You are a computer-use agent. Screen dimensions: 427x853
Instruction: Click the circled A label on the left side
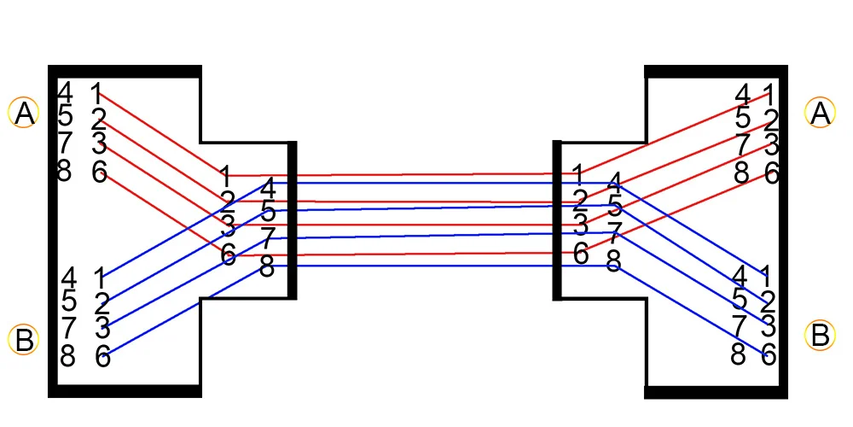(x=24, y=112)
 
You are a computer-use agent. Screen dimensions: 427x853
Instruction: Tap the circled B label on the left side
(x=24, y=340)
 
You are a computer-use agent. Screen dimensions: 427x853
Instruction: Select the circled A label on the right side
(x=821, y=112)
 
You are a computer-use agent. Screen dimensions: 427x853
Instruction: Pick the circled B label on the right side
(x=821, y=335)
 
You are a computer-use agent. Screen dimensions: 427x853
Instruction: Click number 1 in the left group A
(x=96, y=92)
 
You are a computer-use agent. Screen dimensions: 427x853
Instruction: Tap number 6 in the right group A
(x=771, y=173)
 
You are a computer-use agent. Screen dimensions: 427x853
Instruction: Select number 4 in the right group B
(x=740, y=276)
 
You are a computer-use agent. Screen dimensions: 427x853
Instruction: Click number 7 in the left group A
(x=66, y=143)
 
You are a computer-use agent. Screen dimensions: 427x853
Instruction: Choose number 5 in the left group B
(x=69, y=301)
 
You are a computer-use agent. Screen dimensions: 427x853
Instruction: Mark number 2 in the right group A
(x=770, y=120)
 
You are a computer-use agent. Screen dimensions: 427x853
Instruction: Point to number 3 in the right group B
(x=769, y=325)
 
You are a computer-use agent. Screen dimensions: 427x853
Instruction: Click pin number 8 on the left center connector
(x=267, y=267)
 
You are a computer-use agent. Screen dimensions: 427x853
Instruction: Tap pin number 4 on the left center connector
(x=268, y=188)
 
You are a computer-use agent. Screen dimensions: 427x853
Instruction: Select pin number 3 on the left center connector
(x=228, y=225)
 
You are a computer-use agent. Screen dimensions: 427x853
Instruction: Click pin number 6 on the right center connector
(x=581, y=254)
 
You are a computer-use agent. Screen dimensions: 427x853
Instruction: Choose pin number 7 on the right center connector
(x=613, y=231)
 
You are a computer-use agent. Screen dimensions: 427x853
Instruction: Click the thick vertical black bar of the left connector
(x=292, y=220)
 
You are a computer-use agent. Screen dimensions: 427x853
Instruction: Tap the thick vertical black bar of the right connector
(x=558, y=220)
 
